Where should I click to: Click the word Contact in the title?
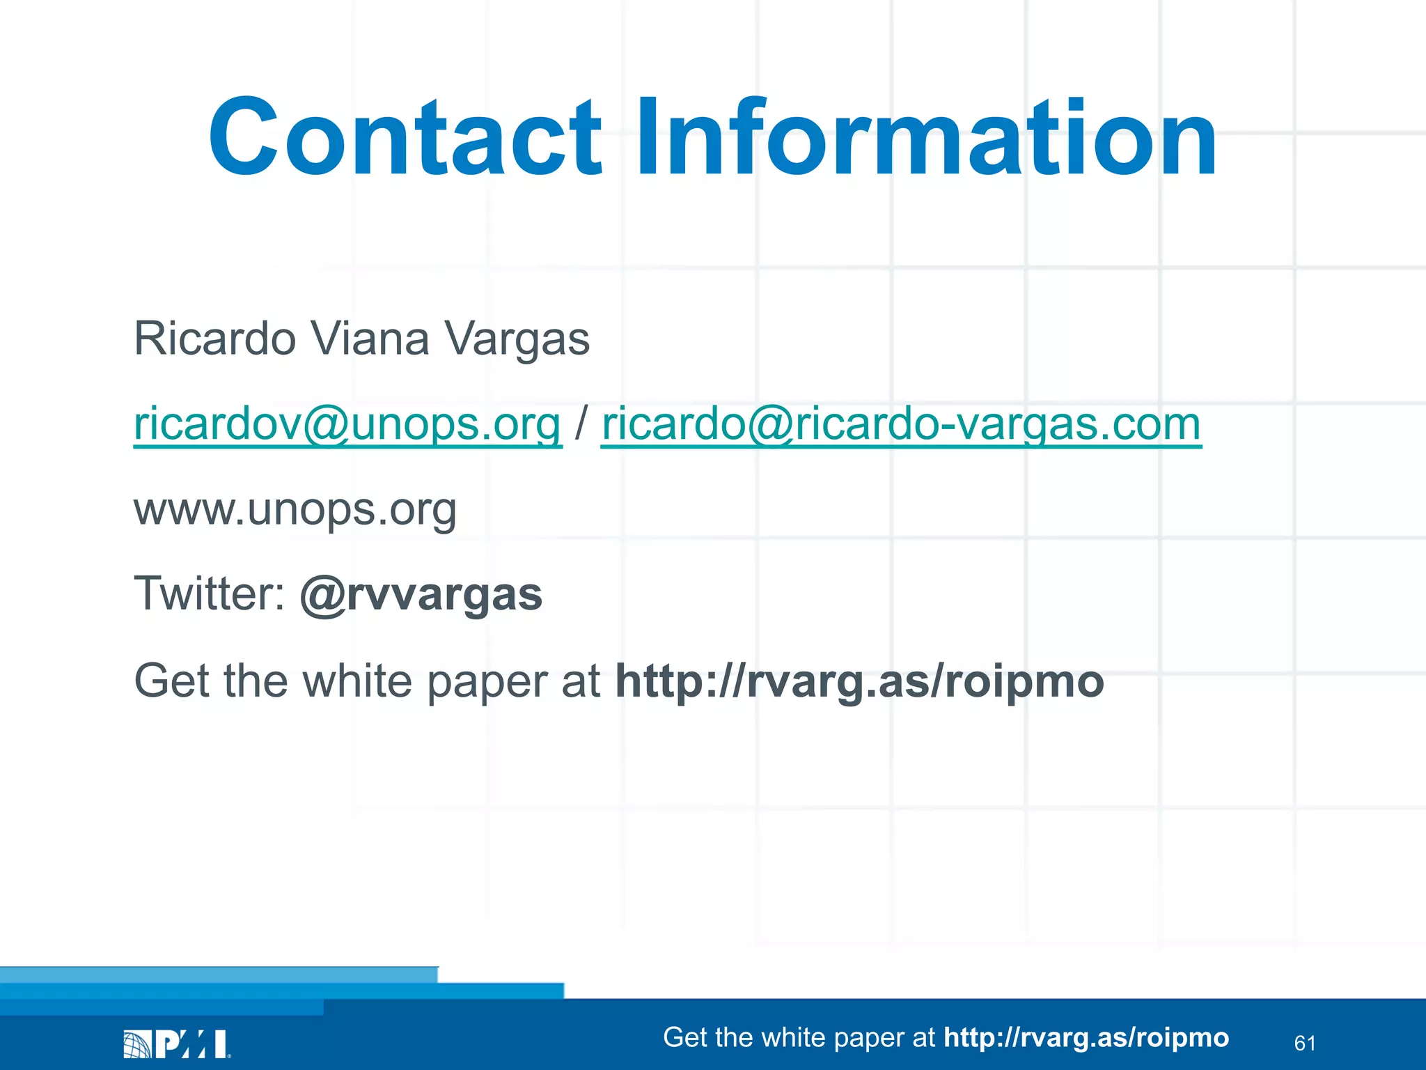click(404, 137)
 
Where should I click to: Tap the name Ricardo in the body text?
click(214, 339)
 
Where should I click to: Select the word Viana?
click(369, 339)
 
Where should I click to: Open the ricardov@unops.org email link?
click(347, 424)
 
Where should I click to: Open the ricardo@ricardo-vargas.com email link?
click(901, 424)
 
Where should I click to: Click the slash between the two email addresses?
click(581, 424)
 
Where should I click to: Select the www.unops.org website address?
click(295, 510)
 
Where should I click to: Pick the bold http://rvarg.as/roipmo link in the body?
click(859, 681)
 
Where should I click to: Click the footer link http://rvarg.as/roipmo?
click(1086, 1037)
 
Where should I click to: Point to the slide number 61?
click(1304, 1043)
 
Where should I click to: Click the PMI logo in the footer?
click(177, 1044)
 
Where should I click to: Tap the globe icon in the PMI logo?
click(136, 1044)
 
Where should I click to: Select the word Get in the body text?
click(171, 681)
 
